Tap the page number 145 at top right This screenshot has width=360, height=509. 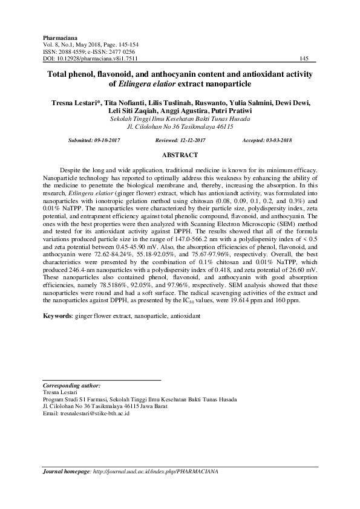click(x=304, y=59)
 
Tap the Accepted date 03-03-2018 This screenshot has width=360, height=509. click(x=275, y=140)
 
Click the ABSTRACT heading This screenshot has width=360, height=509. click(x=180, y=155)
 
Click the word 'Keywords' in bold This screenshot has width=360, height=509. click(x=57, y=316)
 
